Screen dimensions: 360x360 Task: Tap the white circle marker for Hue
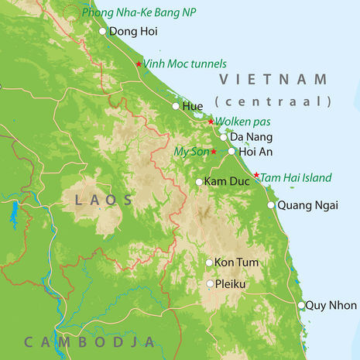[x=176, y=106]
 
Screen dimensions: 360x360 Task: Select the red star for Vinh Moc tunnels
[x=139, y=63]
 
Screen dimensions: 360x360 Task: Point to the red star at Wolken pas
[x=211, y=122]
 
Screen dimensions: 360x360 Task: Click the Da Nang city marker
[x=224, y=137]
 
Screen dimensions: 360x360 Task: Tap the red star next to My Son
[x=214, y=152]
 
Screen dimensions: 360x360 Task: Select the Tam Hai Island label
[x=297, y=178]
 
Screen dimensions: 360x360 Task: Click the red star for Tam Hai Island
[x=256, y=175]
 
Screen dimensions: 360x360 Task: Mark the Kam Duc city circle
[x=199, y=182]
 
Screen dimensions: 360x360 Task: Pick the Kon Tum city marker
[x=209, y=262]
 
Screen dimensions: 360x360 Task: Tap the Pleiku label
[x=231, y=284]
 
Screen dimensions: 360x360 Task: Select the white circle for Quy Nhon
[x=301, y=305]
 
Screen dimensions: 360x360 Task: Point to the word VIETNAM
[x=274, y=80]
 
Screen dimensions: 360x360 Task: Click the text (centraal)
[x=273, y=101]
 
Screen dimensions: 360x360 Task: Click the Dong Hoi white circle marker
[x=103, y=32]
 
